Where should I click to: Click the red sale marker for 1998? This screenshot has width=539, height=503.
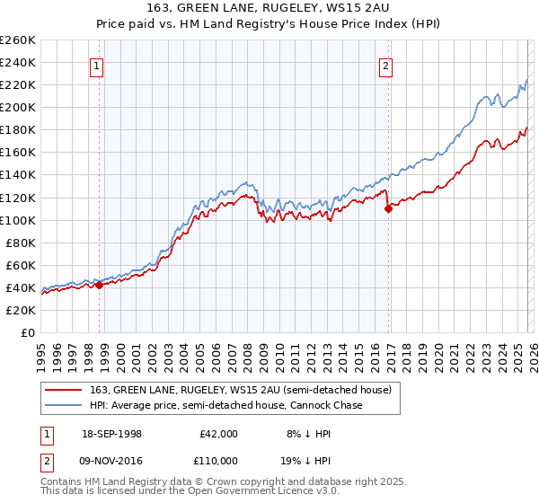click(x=100, y=285)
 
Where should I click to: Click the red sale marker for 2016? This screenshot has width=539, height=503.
click(x=388, y=208)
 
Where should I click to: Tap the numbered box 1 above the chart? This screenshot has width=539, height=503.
click(x=96, y=65)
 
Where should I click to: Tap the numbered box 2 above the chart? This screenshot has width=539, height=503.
click(x=384, y=65)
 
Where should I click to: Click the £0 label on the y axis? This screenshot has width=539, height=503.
click(x=27, y=332)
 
